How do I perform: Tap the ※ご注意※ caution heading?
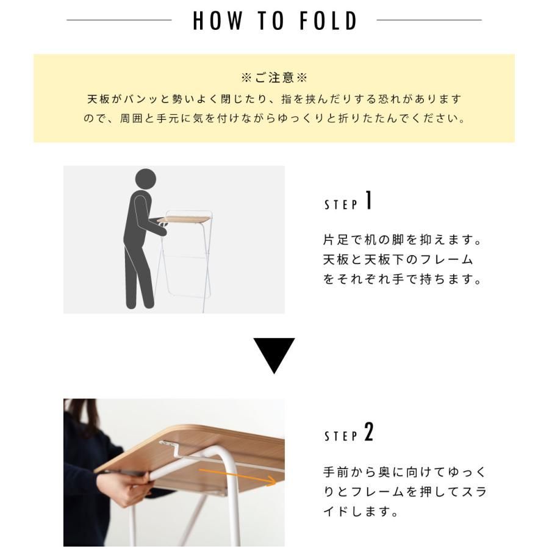(x=274, y=78)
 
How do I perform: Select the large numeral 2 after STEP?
(x=368, y=433)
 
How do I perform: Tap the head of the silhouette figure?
(x=145, y=179)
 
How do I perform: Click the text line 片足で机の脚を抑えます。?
(x=402, y=239)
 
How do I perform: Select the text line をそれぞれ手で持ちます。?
(x=402, y=280)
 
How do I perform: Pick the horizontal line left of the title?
(x=119, y=20)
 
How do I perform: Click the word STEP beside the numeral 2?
(x=341, y=437)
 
